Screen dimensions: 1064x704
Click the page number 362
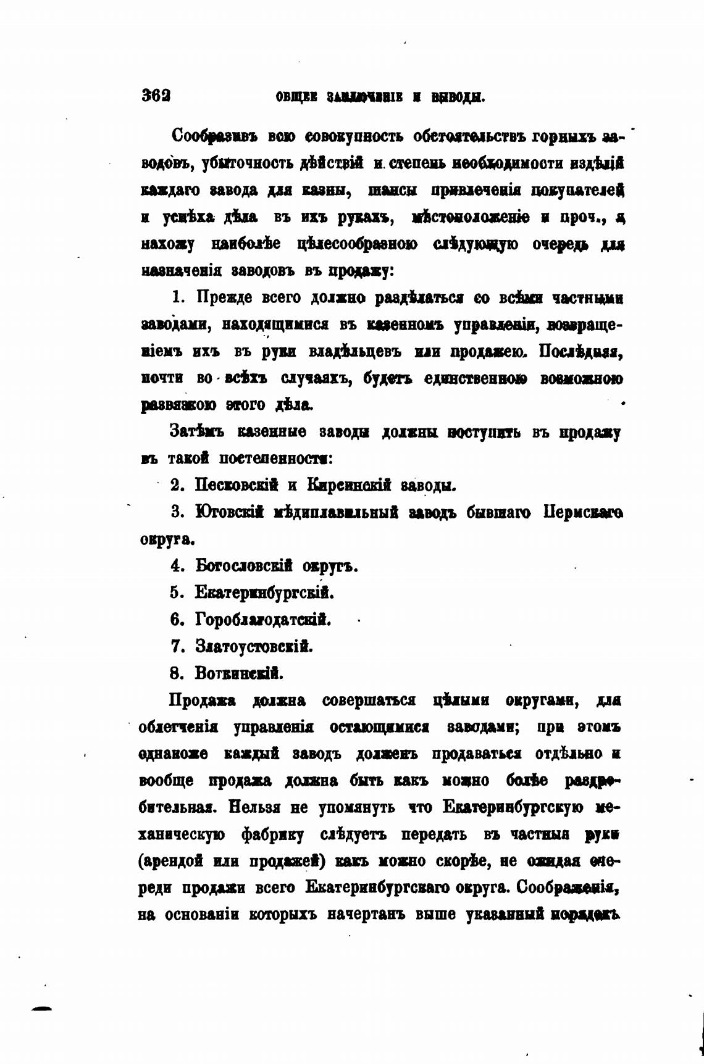(156, 96)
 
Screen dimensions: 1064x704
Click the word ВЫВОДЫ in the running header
(457, 97)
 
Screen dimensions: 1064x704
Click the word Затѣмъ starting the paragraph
(198, 432)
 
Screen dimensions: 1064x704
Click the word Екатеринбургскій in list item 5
(264, 593)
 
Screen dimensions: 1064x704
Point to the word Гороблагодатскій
(263, 620)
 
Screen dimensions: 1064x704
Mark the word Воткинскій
(239, 673)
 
